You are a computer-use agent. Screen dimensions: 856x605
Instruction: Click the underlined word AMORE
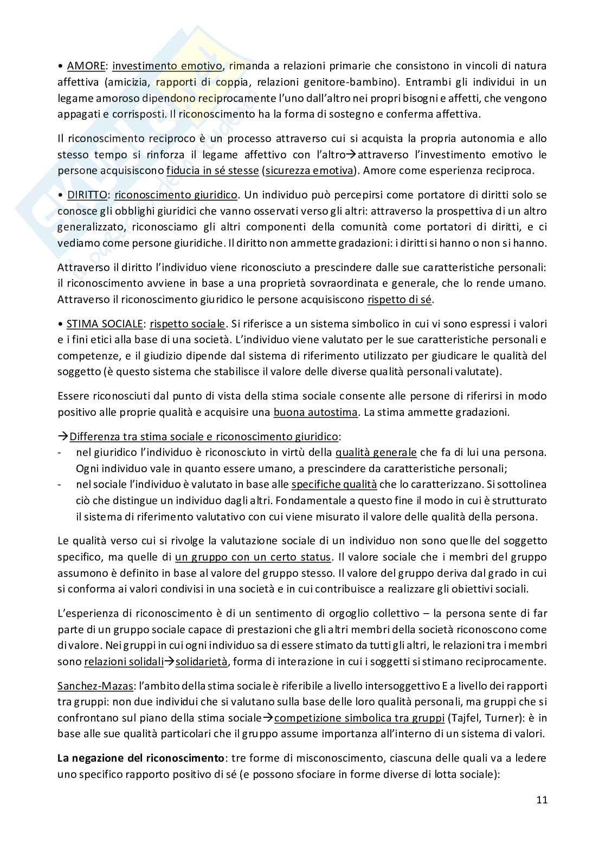coord(86,66)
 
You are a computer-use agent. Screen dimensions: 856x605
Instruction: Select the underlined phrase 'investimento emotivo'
coord(168,66)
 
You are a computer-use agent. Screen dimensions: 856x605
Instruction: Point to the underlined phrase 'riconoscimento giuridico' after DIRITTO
coord(176,195)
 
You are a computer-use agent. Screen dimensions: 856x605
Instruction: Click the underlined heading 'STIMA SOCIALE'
coord(105,324)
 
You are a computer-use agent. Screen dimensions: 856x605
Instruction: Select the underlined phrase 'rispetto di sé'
coord(401,299)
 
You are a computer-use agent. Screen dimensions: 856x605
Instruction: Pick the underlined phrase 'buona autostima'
coord(316,412)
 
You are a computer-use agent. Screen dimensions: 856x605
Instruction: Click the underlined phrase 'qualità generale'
coord(376,452)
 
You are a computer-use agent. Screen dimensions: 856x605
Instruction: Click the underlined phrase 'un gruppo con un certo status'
coord(253,557)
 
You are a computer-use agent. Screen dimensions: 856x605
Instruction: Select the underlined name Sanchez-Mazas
coord(95,686)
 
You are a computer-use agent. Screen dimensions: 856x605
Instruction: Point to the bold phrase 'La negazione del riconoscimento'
coord(140,758)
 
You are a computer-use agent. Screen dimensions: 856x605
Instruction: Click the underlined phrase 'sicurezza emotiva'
coord(310,170)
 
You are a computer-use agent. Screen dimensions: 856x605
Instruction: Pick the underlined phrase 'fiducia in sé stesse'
coord(213,170)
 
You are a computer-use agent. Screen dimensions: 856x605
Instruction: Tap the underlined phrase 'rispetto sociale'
coord(188,324)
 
